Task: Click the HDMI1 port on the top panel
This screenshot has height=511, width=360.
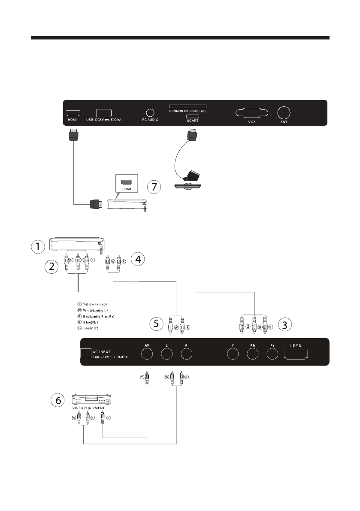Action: click(71, 113)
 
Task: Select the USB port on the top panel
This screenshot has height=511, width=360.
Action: click(103, 113)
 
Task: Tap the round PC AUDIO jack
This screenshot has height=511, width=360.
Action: click(150, 112)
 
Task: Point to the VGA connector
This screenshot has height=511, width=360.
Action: click(252, 113)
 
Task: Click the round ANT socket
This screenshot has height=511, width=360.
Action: click(284, 113)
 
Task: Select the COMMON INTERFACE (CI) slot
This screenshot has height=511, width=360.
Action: click(187, 106)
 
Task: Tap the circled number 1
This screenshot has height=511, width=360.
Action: click(39, 247)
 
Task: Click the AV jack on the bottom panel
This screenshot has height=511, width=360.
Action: click(147, 353)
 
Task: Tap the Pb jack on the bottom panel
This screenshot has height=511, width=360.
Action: click(252, 353)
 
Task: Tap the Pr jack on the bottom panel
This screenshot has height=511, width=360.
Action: click(272, 353)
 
